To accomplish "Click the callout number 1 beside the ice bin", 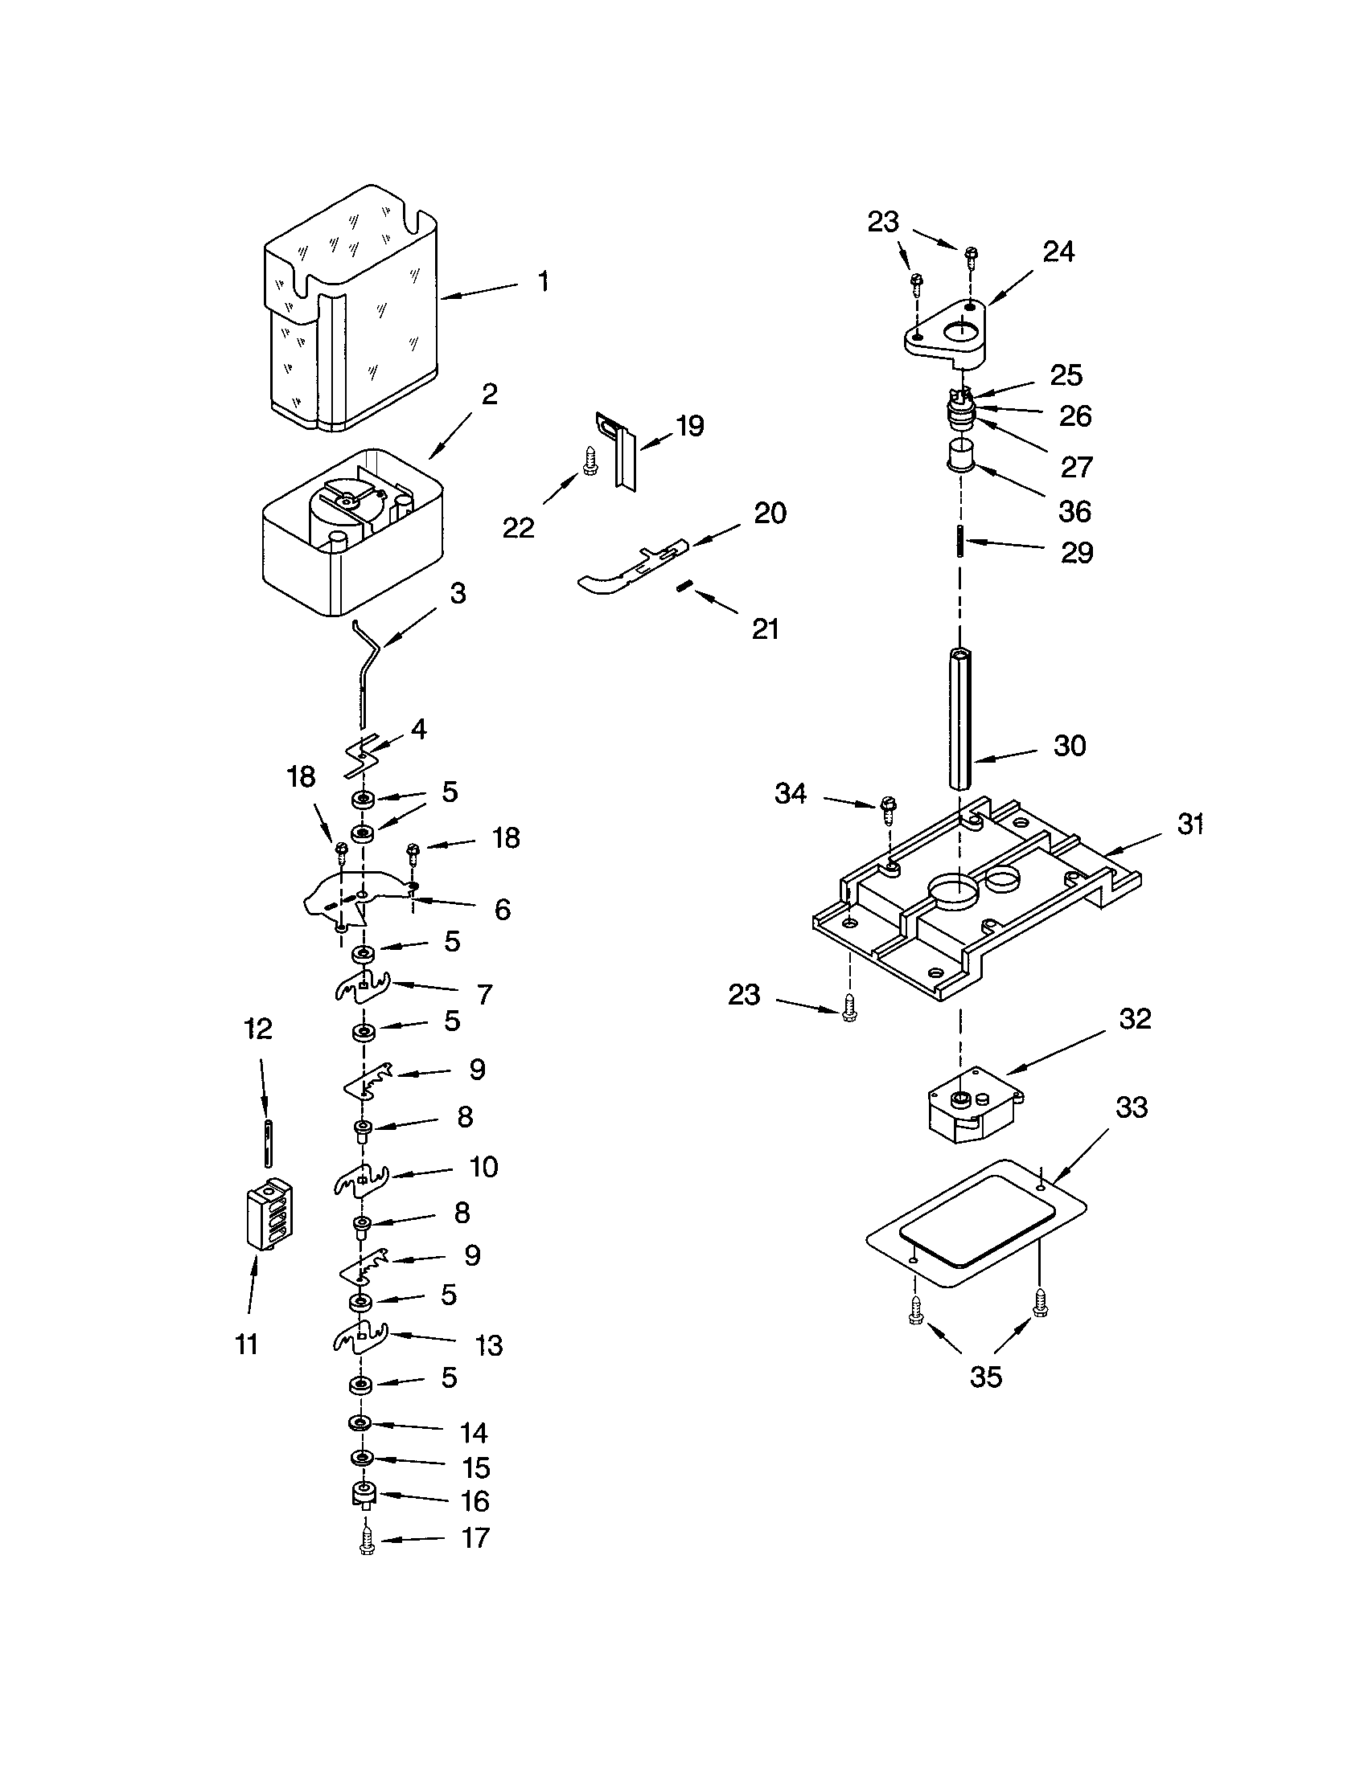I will (543, 282).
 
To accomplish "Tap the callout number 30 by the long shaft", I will (1069, 746).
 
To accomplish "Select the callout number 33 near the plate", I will (1132, 1107).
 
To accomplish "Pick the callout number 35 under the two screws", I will (986, 1376).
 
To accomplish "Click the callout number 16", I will (475, 1501).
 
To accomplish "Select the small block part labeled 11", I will (269, 1214).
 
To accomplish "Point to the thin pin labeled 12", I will (268, 1143).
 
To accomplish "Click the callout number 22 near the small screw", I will (519, 528).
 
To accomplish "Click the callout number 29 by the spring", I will (1076, 553).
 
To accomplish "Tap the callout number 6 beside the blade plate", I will (502, 910).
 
